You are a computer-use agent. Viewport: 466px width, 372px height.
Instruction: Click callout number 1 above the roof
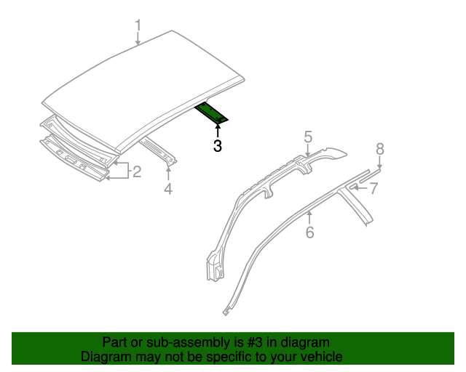tap(138, 27)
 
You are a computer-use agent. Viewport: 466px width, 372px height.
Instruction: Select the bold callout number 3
tap(218, 146)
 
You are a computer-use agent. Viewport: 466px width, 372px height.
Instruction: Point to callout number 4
tap(168, 190)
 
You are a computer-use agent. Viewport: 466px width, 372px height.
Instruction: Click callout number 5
tap(308, 136)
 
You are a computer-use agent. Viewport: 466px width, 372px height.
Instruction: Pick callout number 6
tap(309, 232)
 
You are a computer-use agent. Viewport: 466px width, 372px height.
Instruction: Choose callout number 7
tap(373, 189)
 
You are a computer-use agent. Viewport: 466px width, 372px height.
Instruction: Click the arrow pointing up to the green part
tap(218, 131)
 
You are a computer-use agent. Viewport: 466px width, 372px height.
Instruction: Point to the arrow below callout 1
tap(138, 41)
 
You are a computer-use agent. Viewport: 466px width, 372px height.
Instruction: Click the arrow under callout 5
tap(308, 149)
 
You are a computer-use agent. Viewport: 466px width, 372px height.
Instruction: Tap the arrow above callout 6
tap(309, 217)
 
